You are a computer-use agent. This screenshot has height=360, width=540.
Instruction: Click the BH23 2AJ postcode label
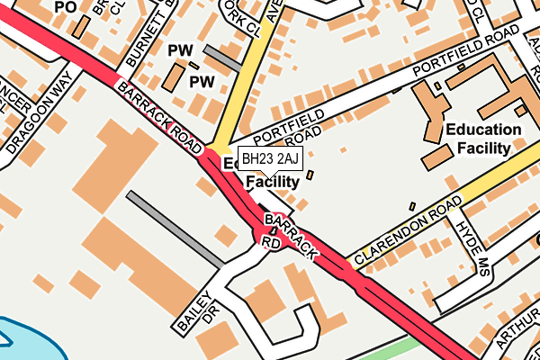tap(269, 160)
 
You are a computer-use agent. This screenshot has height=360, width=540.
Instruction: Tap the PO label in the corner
tap(65, 6)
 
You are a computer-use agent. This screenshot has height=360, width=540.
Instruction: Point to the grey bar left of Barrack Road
tap(175, 229)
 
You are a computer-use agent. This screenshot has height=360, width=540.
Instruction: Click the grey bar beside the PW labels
tap(221, 58)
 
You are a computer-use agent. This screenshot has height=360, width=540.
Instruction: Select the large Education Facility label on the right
tap(483, 139)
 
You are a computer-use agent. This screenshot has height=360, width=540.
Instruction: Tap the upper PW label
tap(181, 50)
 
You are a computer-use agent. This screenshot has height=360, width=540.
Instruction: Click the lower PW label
tap(201, 82)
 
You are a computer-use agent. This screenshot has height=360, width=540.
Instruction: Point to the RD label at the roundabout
tap(271, 242)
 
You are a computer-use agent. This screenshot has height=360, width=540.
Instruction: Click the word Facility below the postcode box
tap(272, 182)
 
